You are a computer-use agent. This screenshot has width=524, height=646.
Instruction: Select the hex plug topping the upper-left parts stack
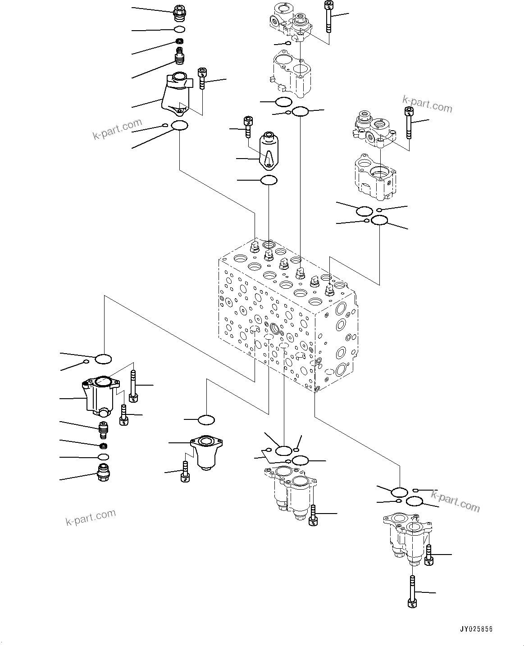tap(179, 13)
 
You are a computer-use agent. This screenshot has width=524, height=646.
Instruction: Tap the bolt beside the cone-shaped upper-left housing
tap(202, 79)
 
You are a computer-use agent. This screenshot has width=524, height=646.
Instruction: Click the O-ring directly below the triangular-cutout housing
tap(269, 181)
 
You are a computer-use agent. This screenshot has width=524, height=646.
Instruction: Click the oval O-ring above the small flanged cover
tap(206, 420)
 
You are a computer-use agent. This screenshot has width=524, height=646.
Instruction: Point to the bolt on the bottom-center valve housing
tap(313, 515)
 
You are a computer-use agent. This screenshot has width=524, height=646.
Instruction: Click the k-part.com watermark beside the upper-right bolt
tap(427, 105)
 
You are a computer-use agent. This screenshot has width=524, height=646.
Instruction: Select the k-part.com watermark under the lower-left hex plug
tap(91, 517)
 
